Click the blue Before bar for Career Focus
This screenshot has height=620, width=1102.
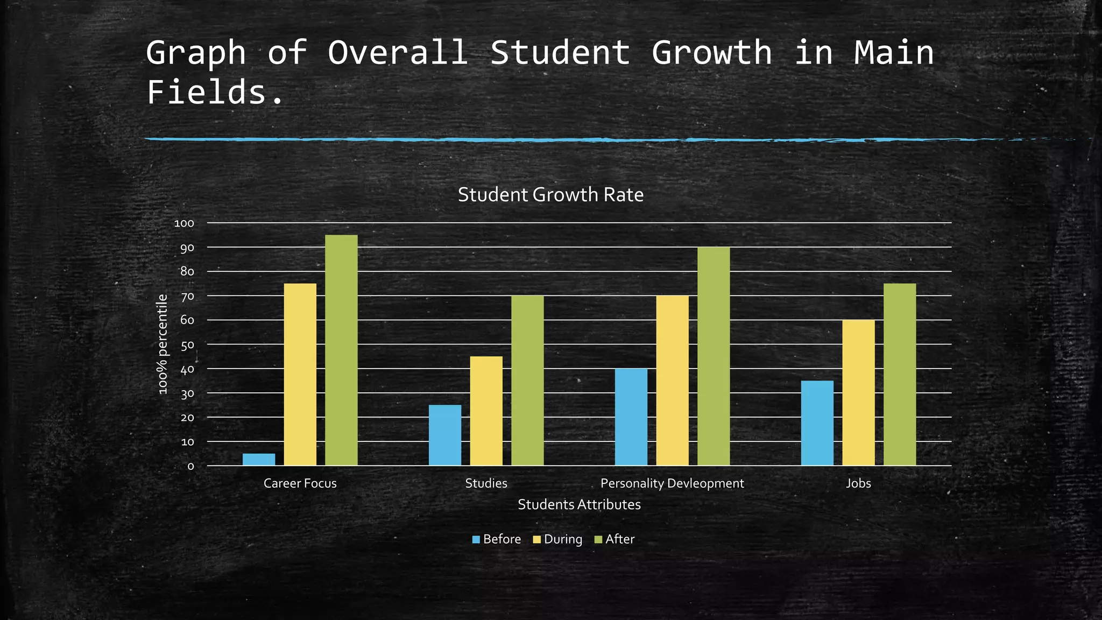259,460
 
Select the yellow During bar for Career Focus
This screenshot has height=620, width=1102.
300,374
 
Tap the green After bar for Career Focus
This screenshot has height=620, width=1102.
341,350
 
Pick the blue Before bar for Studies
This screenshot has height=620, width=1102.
445,435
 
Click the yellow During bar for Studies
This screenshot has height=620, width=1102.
486,411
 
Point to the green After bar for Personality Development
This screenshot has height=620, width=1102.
714,356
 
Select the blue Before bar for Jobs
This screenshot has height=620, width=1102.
817,423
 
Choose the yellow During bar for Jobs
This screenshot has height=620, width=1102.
858,392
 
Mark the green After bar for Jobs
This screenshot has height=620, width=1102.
900,374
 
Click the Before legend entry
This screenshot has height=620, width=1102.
497,539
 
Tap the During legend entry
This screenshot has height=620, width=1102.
558,539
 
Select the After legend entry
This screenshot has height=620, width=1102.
614,539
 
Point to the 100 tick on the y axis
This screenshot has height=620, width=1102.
184,223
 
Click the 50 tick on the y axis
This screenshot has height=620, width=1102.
187,344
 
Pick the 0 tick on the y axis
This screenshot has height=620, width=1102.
190,466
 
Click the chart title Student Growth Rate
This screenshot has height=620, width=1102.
550,195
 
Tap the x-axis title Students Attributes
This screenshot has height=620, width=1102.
579,505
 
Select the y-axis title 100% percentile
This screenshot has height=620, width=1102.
163,344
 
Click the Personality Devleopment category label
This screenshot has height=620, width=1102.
672,483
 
